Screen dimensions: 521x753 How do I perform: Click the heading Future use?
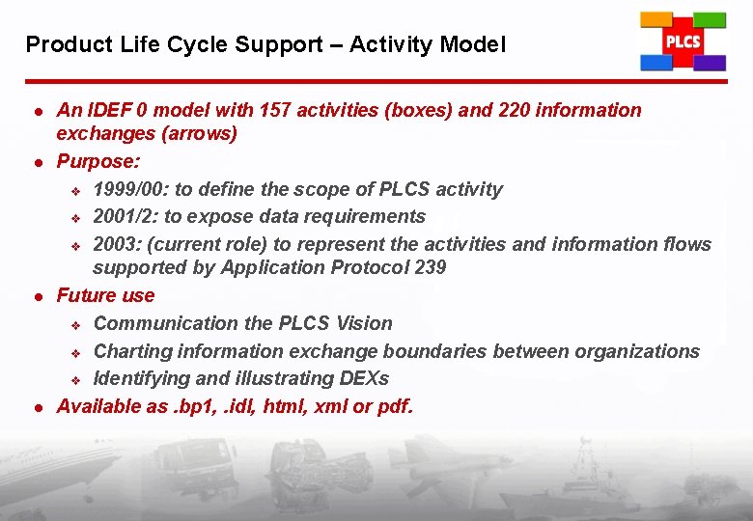(x=105, y=295)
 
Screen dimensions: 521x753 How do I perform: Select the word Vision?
(x=363, y=323)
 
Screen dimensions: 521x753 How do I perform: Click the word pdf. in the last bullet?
(x=395, y=406)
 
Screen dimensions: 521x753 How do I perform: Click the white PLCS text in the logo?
(x=683, y=41)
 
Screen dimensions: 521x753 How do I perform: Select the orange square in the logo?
(x=657, y=20)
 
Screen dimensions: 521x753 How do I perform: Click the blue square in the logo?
(x=656, y=62)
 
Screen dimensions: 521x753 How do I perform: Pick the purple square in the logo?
(x=710, y=63)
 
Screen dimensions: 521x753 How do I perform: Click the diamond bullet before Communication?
(x=75, y=324)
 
